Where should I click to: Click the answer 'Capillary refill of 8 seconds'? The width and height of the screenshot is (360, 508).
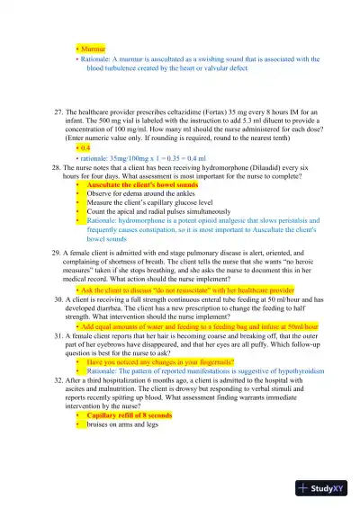click(x=135, y=415)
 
